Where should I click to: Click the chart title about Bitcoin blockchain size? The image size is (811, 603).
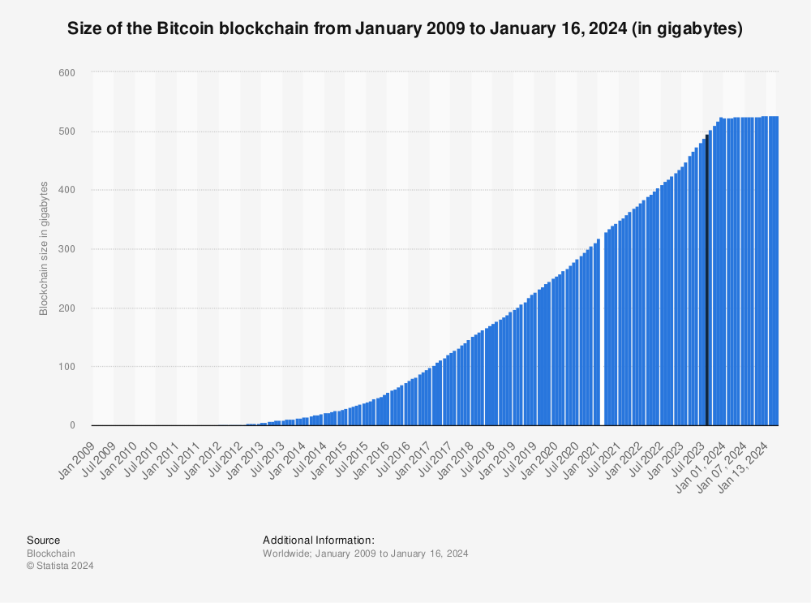click(405, 29)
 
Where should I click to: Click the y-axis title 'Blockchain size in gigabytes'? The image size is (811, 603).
click(44, 249)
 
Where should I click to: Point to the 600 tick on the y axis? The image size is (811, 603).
click(67, 73)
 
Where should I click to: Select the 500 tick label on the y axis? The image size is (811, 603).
click(67, 131)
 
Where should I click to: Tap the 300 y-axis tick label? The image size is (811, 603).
click(67, 249)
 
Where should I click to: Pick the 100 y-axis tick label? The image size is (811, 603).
click(67, 367)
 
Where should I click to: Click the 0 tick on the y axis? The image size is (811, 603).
click(72, 425)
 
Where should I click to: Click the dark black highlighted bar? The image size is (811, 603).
click(707, 280)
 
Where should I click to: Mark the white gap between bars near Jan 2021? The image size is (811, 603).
click(602, 341)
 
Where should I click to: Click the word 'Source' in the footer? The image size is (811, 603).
click(43, 540)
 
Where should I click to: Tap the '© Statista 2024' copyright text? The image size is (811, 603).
click(60, 566)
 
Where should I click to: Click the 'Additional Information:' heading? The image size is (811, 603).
click(318, 540)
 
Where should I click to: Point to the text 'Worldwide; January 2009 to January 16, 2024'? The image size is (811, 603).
click(366, 553)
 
